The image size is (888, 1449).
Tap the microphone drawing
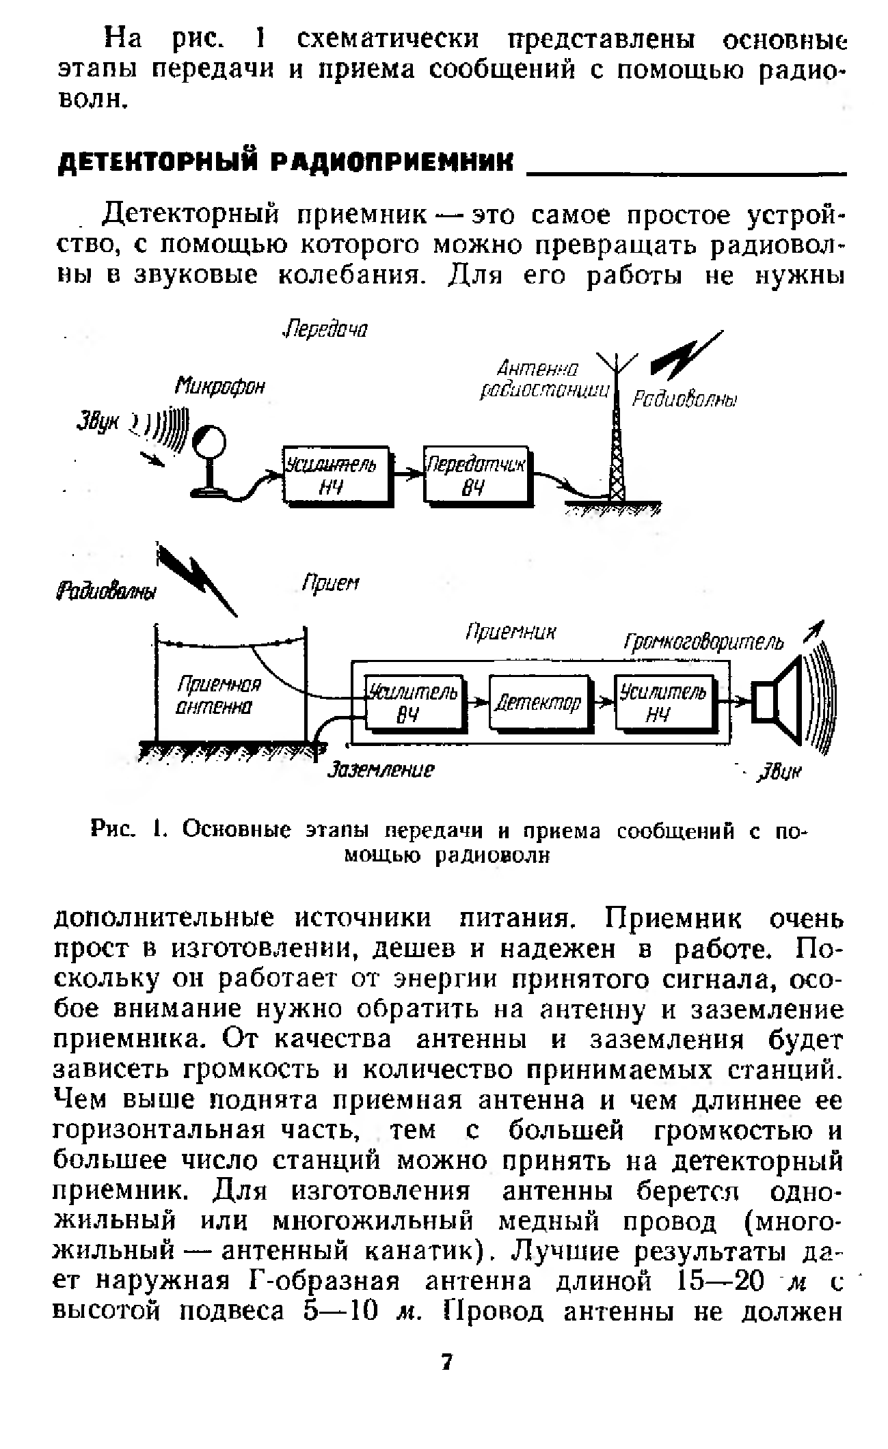[210, 458]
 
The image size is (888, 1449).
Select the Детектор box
[538, 702]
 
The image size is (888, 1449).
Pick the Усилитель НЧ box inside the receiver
[663, 702]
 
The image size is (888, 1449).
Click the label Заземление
[381, 771]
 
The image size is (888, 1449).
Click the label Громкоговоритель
[703, 643]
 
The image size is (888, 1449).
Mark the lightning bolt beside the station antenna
[685, 355]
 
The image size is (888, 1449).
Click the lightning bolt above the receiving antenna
[198, 577]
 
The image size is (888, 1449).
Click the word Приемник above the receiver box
[511, 633]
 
